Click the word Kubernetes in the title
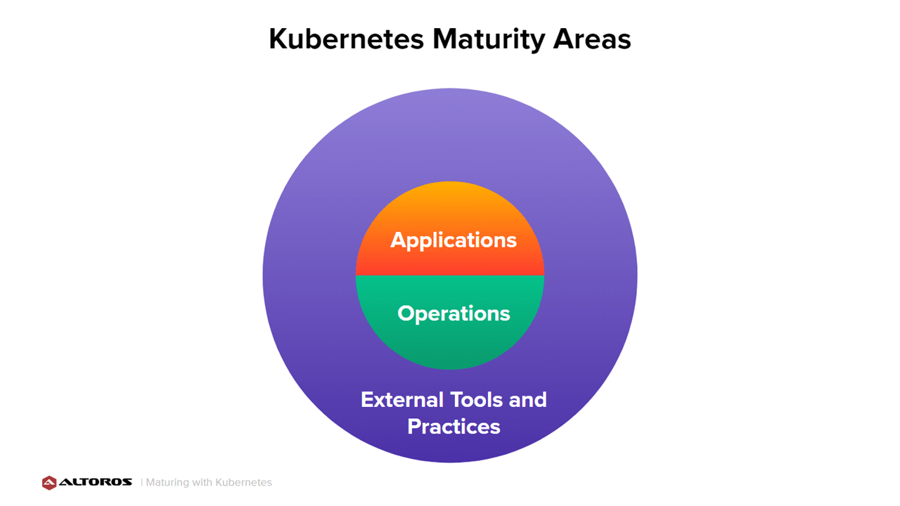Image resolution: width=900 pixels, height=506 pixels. click(x=347, y=39)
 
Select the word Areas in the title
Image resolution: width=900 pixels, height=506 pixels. click(x=592, y=39)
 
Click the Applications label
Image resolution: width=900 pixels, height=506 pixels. click(x=454, y=241)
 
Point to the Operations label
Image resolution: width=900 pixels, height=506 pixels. click(x=454, y=313)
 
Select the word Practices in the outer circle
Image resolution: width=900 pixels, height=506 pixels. click(x=454, y=427)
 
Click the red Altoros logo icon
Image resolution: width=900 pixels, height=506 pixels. click(x=49, y=483)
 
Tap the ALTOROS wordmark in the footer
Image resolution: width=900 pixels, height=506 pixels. click(x=96, y=482)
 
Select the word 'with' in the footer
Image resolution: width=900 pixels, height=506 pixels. click(x=202, y=482)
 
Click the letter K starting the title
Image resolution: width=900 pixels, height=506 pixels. click(x=279, y=39)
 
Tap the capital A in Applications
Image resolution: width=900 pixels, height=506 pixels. click(x=398, y=240)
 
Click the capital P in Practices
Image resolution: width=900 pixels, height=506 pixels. click(x=414, y=427)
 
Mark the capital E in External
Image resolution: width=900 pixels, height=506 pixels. click(x=368, y=400)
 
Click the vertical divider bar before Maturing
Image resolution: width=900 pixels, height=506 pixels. click(x=142, y=482)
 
